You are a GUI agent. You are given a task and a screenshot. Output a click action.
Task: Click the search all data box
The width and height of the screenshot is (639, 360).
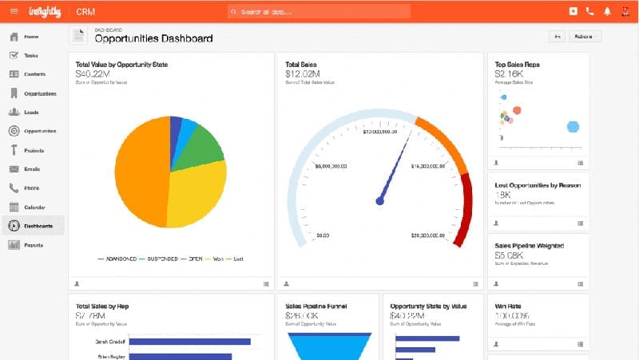(x=319, y=12)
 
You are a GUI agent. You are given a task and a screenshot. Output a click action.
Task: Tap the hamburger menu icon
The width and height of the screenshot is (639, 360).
(x=14, y=12)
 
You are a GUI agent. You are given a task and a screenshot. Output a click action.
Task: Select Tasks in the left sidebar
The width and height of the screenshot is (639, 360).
(x=31, y=55)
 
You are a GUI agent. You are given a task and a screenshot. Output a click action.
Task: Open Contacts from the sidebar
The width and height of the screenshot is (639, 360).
(x=34, y=74)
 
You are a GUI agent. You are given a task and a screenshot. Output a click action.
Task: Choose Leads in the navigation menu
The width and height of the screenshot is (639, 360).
(x=31, y=113)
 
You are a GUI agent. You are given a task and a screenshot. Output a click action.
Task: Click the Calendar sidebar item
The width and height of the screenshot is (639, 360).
(x=34, y=207)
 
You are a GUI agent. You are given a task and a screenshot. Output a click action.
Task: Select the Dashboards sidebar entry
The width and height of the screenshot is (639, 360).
(x=38, y=226)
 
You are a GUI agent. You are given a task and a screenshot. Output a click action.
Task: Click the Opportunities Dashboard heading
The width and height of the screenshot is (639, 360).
(x=153, y=38)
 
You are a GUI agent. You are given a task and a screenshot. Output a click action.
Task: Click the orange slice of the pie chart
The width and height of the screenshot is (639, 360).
(x=140, y=176)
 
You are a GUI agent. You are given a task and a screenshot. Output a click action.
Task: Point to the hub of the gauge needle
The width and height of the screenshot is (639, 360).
(x=379, y=201)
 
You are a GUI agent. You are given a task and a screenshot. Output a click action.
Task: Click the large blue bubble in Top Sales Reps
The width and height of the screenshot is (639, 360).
(x=572, y=126)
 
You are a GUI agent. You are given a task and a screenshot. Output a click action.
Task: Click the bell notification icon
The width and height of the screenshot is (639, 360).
(x=607, y=12)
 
